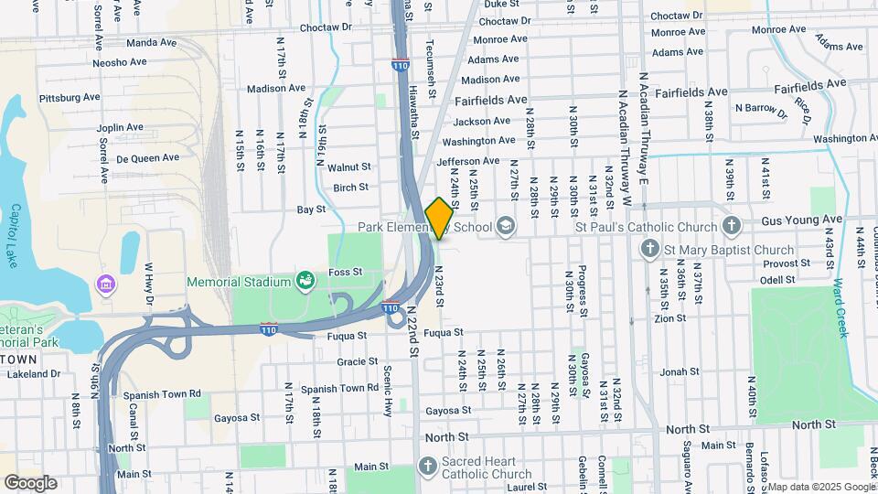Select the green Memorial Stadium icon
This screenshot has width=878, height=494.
[305, 282]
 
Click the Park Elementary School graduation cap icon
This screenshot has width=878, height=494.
[506, 225]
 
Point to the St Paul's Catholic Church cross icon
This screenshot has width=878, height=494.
[730, 225]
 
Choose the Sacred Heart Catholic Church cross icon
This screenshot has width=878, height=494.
[426, 467]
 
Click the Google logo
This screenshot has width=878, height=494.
[30, 483]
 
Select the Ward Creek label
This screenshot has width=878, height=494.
[840, 308]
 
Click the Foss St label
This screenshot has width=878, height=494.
[346, 272]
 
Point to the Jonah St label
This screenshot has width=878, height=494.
[680, 372]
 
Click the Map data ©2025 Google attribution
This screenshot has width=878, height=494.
[820, 487]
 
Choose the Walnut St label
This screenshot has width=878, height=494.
[349, 167]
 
